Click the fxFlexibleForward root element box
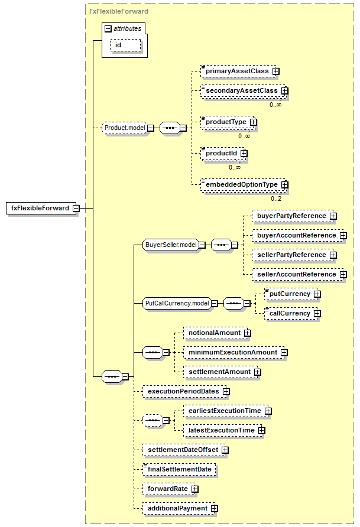click(40, 208)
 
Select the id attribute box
click(125, 45)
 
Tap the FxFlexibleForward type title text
click(119, 11)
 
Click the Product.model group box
click(124, 128)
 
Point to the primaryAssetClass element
click(239, 71)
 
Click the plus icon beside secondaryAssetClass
click(285, 91)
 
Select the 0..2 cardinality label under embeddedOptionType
click(276, 199)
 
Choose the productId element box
click(223, 153)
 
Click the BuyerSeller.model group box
click(171, 245)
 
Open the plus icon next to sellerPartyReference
click(333, 255)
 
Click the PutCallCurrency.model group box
click(177, 303)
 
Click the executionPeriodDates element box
click(185, 391)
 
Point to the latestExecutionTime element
click(223, 430)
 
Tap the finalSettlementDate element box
click(179, 469)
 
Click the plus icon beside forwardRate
click(195, 489)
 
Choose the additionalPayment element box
click(179, 508)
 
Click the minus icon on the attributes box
click(108, 29)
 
